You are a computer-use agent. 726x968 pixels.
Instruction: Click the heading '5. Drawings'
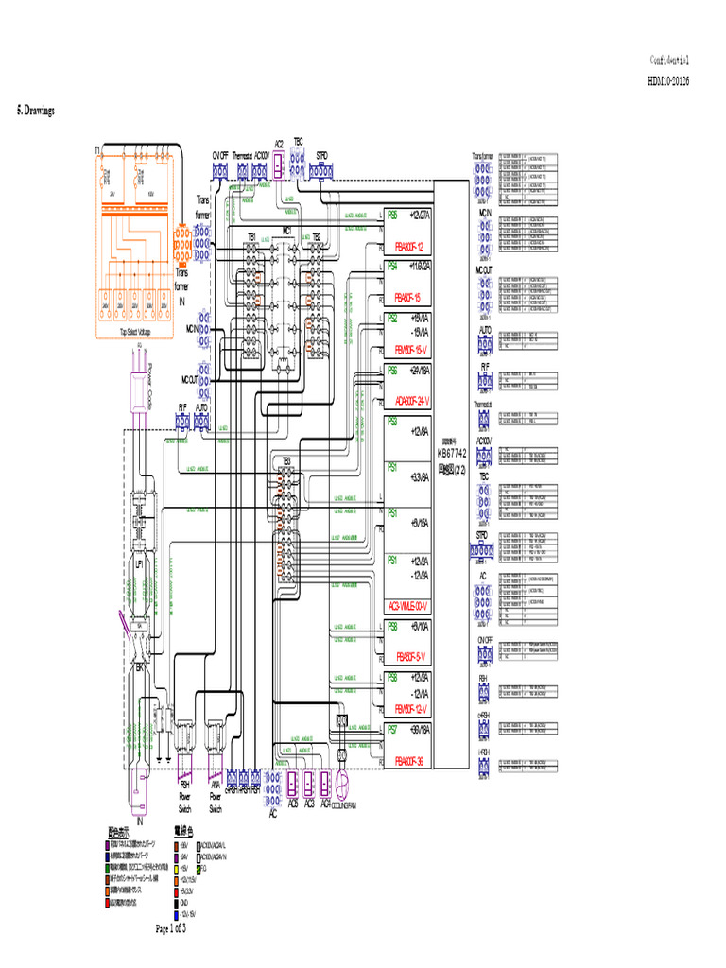[36, 111]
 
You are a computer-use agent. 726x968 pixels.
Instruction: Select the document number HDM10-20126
[667, 81]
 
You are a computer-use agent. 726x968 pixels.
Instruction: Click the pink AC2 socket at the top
[278, 167]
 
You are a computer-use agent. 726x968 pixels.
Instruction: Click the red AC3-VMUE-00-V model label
[407, 605]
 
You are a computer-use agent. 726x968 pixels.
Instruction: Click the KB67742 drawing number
[452, 453]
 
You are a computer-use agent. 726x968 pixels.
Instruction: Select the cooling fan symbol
[342, 784]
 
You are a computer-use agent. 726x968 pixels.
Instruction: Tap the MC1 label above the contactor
[285, 230]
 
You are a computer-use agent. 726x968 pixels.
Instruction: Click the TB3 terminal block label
[285, 460]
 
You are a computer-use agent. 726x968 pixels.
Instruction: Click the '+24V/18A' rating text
[415, 371]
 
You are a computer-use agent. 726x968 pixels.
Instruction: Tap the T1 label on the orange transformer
[97, 151]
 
